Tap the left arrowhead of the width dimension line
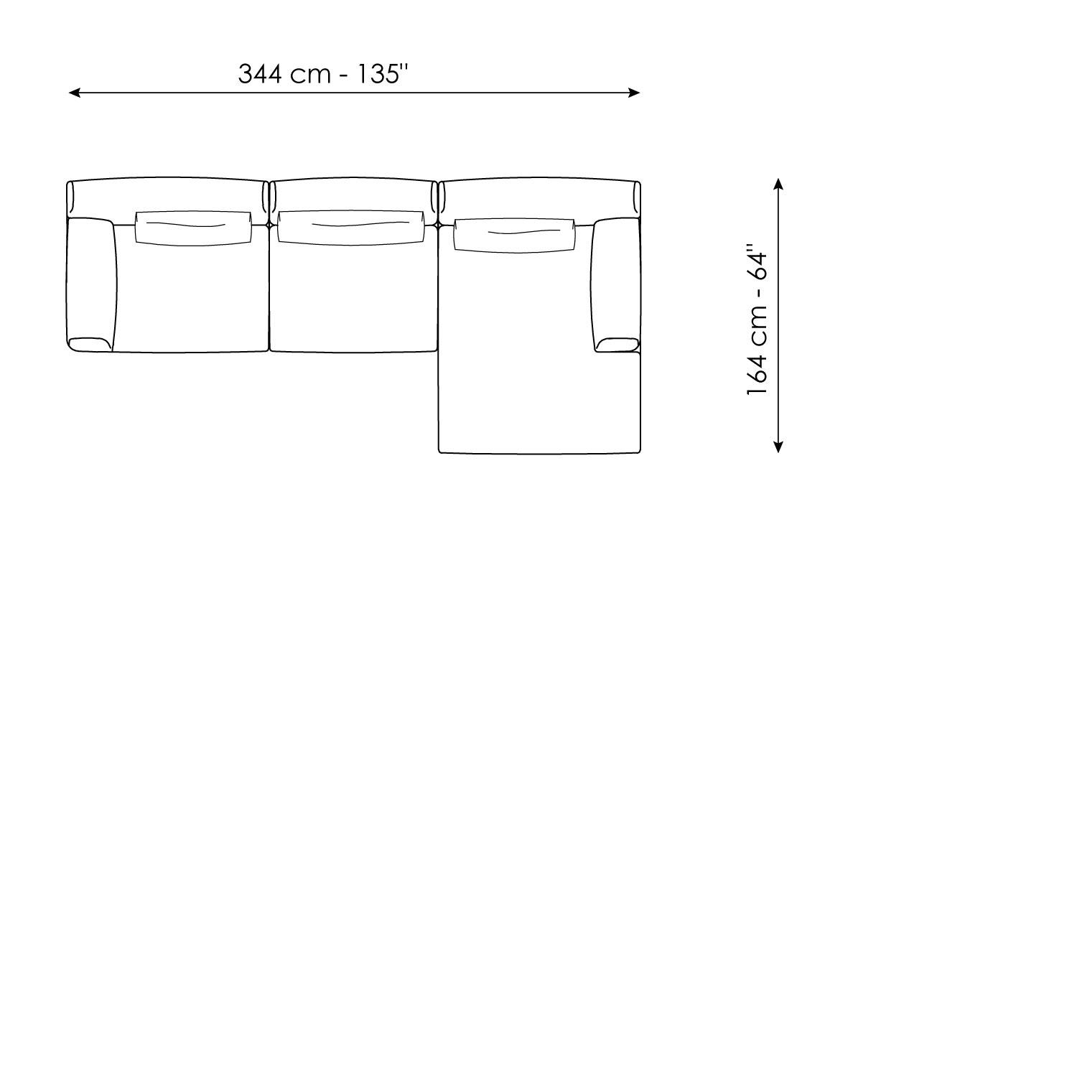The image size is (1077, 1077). pyautogui.click(x=73, y=93)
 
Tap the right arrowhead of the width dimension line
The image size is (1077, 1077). pyautogui.click(x=635, y=93)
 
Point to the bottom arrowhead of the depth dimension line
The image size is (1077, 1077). pyautogui.click(x=778, y=447)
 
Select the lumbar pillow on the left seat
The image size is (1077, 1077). pyautogui.click(x=194, y=228)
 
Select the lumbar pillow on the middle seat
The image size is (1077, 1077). pyautogui.click(x=351, y=228)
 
